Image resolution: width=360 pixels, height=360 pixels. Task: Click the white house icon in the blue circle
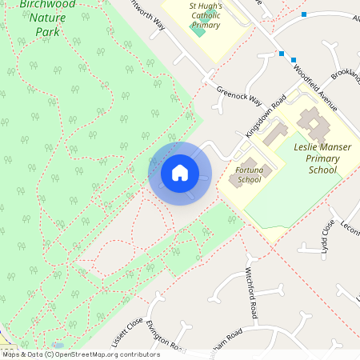pyautogui.click(x=179, y=173)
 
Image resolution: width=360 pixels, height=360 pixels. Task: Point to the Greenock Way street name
pyautogui.click(x=238, y=96)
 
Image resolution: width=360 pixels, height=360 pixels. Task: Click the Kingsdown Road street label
pyautogui.click(x=266, y=116)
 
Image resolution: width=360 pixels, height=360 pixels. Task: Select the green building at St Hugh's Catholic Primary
pyautogui.click(x=198, y=29)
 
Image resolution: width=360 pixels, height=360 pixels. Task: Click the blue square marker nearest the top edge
pyautogui.click(x=303, y=14)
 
